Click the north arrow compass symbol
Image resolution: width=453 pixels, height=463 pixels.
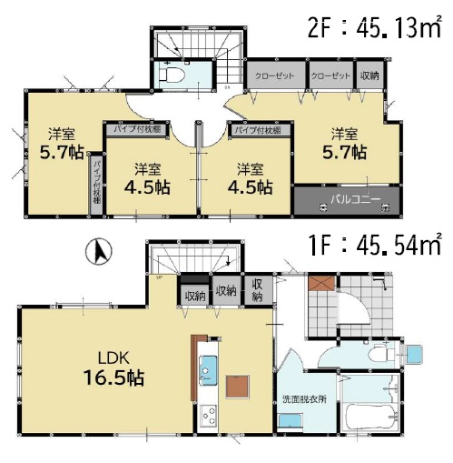pyautogui.click(x=99, y=251)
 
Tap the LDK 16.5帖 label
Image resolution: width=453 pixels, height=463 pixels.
pyautogui.click(x=113, y=367)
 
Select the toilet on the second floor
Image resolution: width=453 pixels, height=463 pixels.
pyautogui.click(x=172, y=75)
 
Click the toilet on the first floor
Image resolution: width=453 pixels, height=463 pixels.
pyautogui.click(x=381, y=353)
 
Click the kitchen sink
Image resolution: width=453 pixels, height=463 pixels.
pyautogui.click(x=208, y=370)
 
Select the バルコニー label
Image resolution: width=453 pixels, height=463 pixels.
pyautogui.click(x=355, y=200)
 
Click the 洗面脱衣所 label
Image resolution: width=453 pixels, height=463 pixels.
pyautogui.click(x=304, y=399)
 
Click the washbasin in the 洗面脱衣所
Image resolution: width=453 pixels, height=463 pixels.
pyautogui.click(x=290, y=421)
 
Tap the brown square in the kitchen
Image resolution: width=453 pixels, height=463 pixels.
pyautogui.click(x=238, y=386)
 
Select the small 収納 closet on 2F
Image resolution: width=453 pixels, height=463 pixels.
pyautogui.click(x=369, y=75)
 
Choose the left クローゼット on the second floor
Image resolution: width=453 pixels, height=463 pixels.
pyautogui.click(x=275, y=75)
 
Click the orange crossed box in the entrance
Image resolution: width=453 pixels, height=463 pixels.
pyautogui.click(x=321, y=282)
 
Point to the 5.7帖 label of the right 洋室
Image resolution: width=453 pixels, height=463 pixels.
pyautogui.click(x=345, y=152)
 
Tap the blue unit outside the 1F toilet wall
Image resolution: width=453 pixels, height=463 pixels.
pyautogui.click(x=414, y=354)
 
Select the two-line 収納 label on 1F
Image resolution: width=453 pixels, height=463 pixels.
pyautogui.click(x=257, y=290)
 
